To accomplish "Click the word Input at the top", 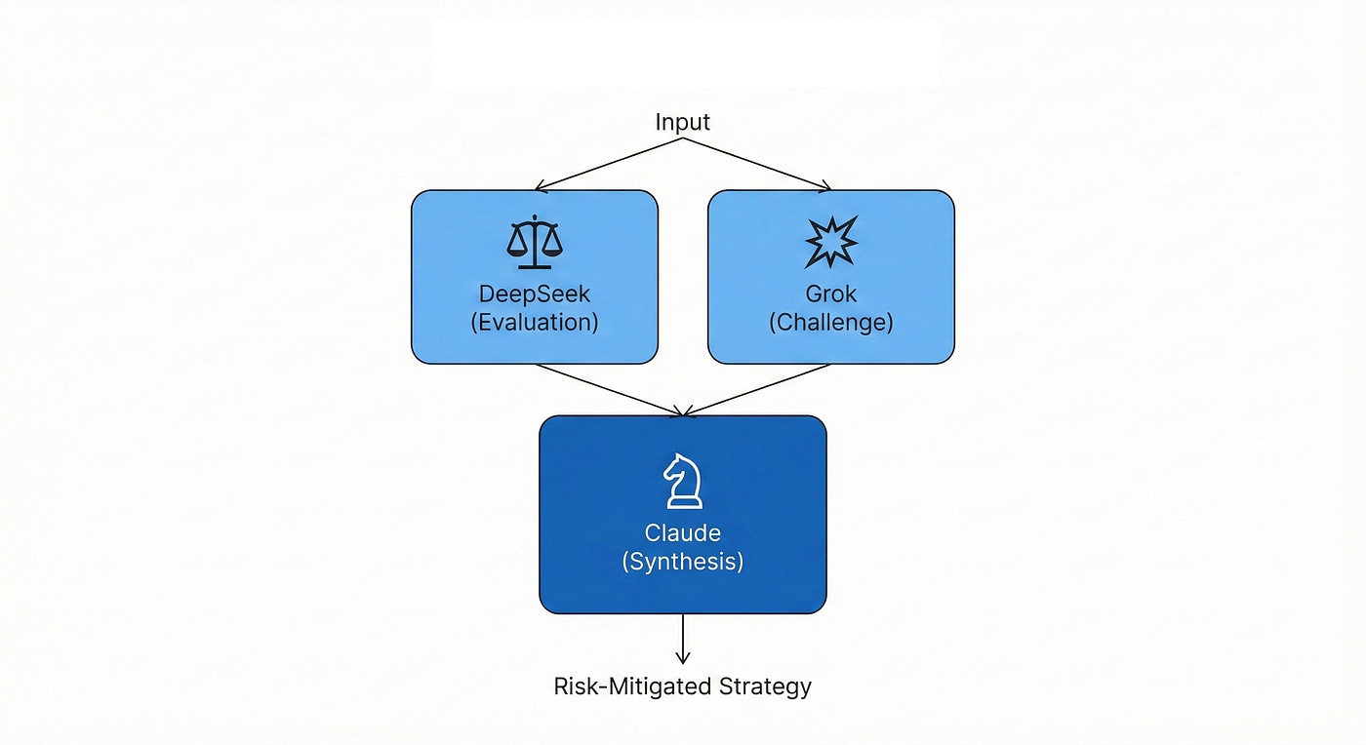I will pyautogui.click(x=683, y=122).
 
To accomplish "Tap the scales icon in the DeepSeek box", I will pyautogui.click(x=535, y=243).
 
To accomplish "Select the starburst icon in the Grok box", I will pyautogui.click(x=831, y=242).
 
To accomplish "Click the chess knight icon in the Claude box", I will pyautogui.click(x=683, y=481).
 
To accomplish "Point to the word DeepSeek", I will pyautogui.click(x=535, y=294).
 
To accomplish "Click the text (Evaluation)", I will pyautogui.click(x=535, y=322).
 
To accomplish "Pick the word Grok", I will pyautogui.click(x=831, y=294).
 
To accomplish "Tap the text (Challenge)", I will pyautogui.click(x=831, y=322).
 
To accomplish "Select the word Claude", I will pyautogui.click(x=683, y=532).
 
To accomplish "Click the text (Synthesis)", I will pyautogui.click(x=683, y=562).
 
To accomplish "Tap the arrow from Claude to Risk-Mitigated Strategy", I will pyautogui.click(x=683, y=639).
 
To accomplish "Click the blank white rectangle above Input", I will pyautogui.click(x=685, y=53).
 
